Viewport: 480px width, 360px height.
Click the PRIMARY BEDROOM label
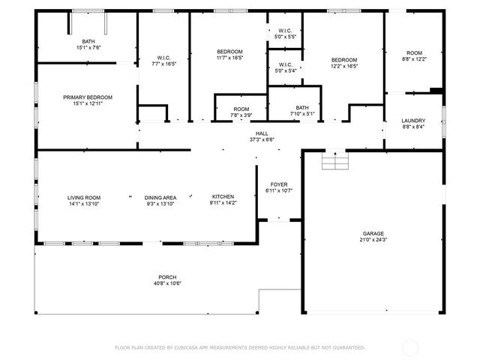(88, 97)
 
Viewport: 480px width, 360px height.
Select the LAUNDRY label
(413, 120)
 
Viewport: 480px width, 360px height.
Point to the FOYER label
(279, 184)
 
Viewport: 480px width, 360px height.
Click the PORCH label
(167, 277)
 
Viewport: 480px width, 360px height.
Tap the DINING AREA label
(160, 197)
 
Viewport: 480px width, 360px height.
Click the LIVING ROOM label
(84, 197)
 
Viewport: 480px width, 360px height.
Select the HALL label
(262, 133)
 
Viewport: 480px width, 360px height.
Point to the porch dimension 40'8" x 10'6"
(167, 283)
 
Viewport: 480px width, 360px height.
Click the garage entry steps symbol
(334, 160)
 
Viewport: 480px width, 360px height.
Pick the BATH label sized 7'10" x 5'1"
(302, 108)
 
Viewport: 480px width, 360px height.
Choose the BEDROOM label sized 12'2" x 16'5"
(344, 60)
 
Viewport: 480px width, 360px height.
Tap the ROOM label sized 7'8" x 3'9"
(241, 109)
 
